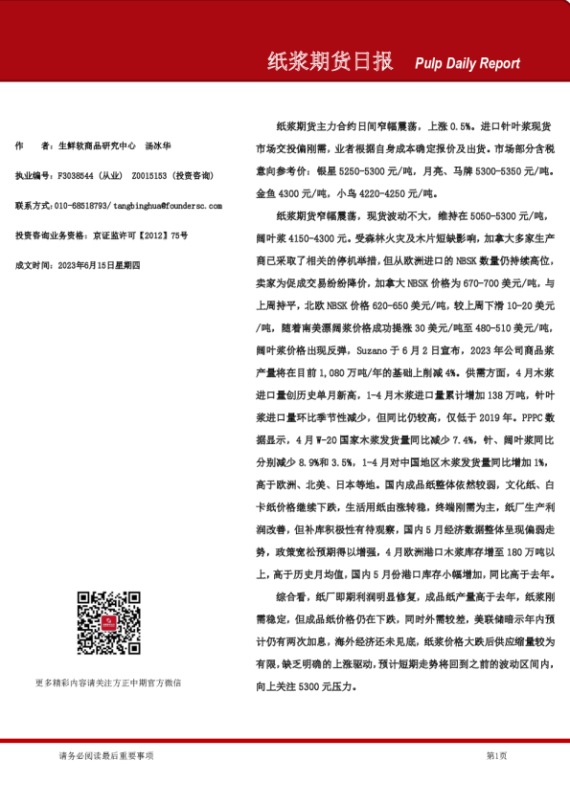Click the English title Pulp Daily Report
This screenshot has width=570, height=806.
[467, 63]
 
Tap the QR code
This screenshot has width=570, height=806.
[109, 623]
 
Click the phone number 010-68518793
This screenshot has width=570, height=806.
[82, 205]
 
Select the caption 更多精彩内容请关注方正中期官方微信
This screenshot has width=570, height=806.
[108, 683]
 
